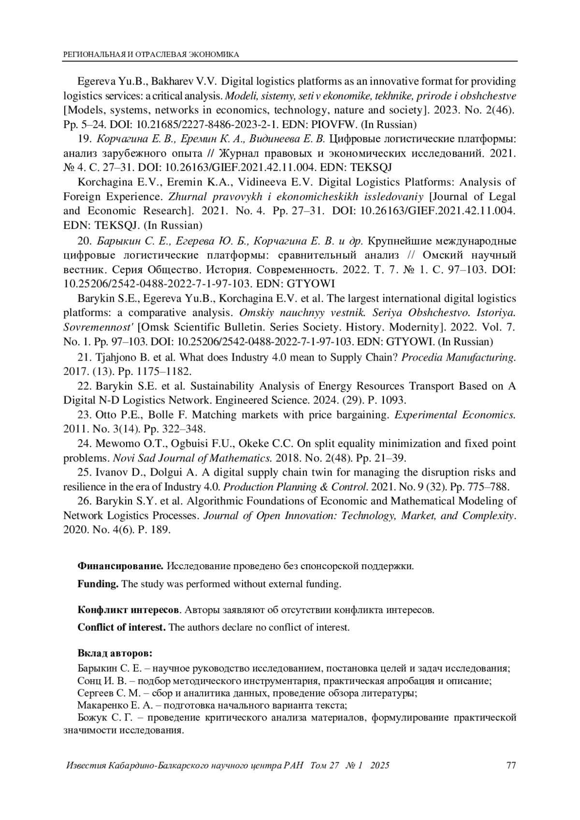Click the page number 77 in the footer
click(x=511, y=765)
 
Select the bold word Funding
click(x=98, y=584)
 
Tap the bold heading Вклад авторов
click(x=115, y=653)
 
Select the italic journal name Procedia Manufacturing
click(x=458, y=358)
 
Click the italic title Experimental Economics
click(x=455, y=415)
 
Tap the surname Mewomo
click(x=116, y=444)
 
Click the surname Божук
click(x=91, y=717)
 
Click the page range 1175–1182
click(x=158, y=372)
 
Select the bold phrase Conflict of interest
click(x=121, y=627)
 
